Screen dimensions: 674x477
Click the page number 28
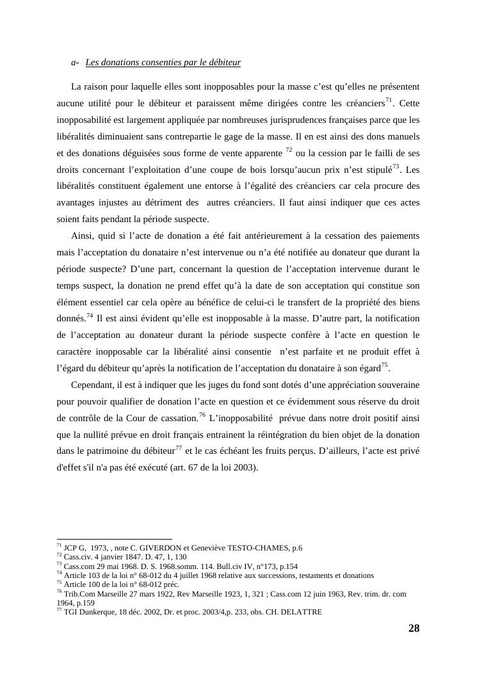coord(414,628)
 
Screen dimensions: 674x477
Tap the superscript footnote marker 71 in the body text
coord(389,100)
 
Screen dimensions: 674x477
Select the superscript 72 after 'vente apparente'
coord(289,150)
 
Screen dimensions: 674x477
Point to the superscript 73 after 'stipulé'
coord(396,166)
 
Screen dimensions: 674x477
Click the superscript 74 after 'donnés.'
coord(90,316)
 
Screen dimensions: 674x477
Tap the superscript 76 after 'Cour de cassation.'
coord(202,415)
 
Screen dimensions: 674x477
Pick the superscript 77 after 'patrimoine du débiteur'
coord(179,448)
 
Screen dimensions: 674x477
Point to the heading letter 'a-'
coord(75,63)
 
